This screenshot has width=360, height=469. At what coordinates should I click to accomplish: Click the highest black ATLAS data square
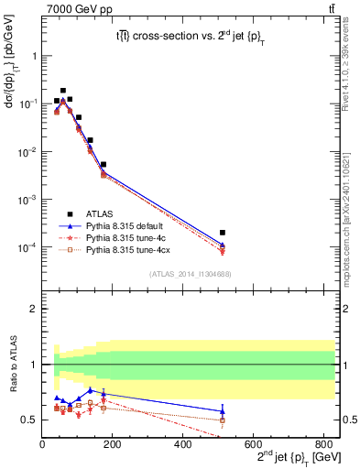(62, 91)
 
